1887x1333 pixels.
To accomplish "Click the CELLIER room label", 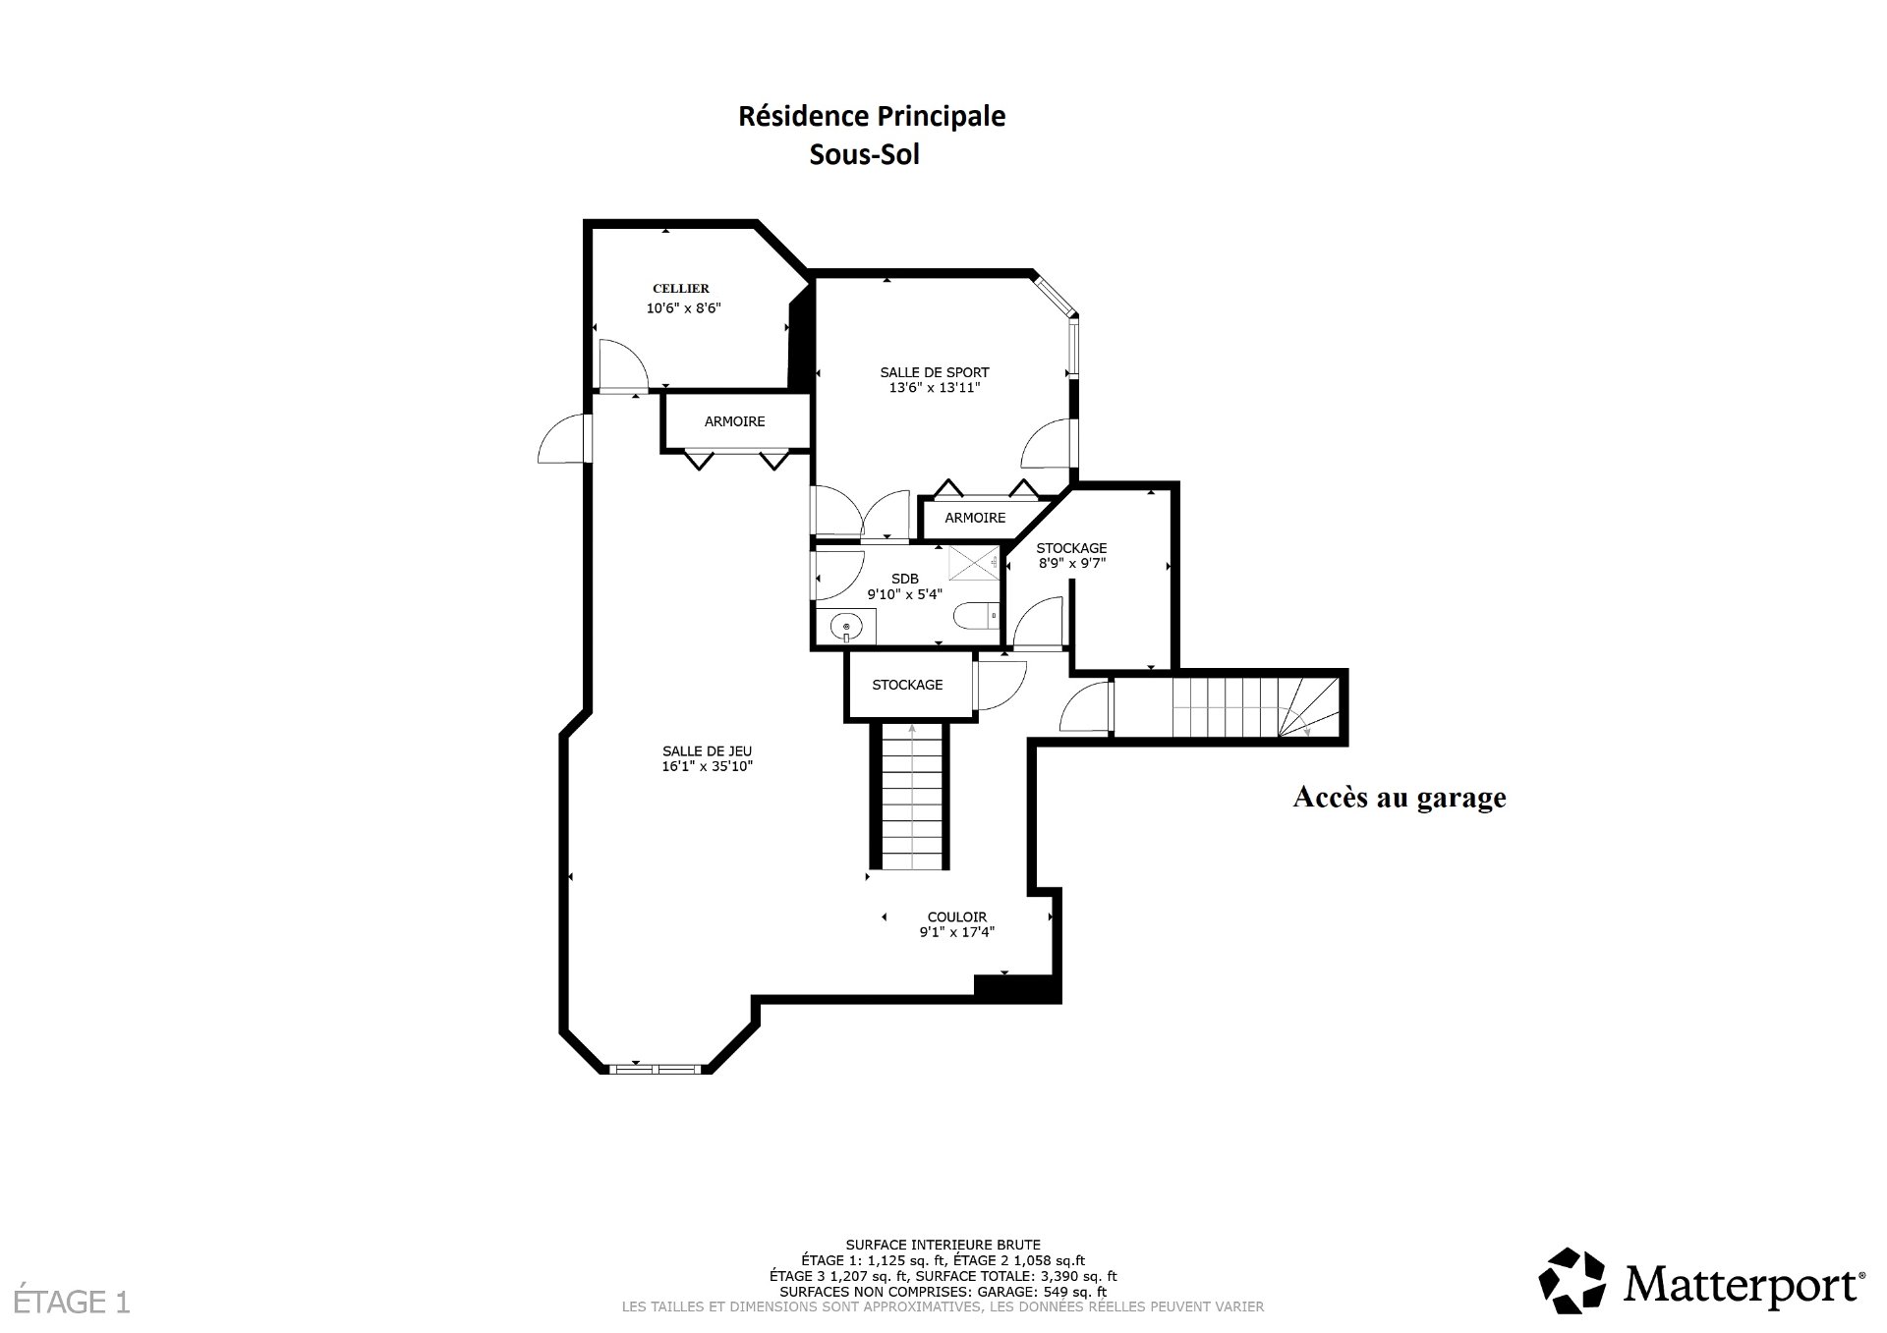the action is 681,289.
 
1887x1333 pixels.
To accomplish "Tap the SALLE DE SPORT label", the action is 935,372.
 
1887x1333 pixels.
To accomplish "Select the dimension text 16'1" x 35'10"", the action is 708,767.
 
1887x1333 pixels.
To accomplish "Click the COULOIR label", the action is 957,917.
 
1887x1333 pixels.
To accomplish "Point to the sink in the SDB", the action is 846,626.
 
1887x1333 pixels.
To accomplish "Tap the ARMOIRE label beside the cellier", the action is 735,421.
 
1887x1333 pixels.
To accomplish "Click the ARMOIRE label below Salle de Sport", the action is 976,518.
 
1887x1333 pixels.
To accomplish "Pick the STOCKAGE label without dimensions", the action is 907,685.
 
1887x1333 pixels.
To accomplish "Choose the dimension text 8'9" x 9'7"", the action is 1072,564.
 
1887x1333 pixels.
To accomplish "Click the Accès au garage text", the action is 1400,797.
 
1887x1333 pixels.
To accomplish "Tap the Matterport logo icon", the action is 1572,1281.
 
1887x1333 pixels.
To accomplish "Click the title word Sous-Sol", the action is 865,155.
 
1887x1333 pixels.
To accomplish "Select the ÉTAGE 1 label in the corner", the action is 66,1303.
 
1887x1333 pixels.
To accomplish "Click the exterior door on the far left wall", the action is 563,438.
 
